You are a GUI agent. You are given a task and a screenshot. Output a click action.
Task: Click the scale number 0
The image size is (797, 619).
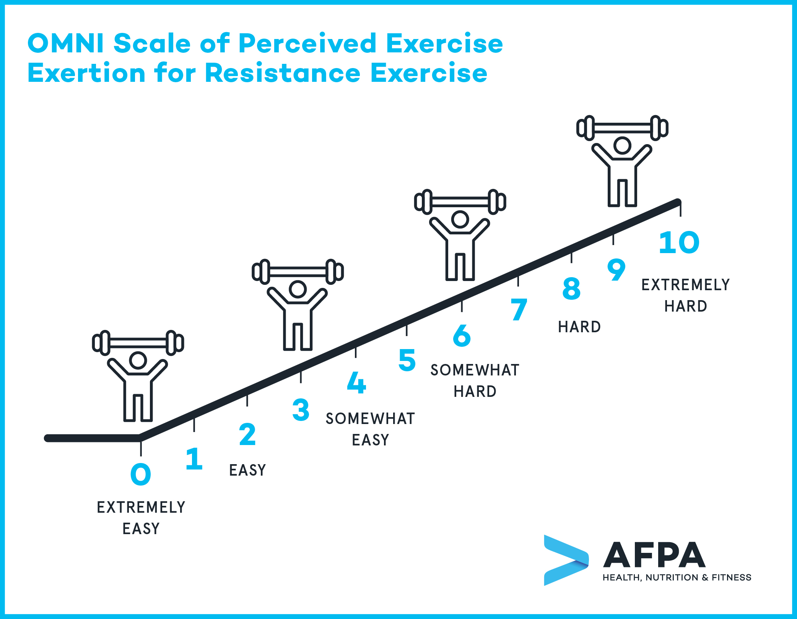[x=141, y=474]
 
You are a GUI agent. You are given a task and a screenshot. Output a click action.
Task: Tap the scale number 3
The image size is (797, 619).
[x=301, y=409]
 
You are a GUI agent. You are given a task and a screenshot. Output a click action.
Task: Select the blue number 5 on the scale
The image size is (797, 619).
[x=407, y=360]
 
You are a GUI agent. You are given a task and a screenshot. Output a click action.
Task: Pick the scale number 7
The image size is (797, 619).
[x=519, y=309]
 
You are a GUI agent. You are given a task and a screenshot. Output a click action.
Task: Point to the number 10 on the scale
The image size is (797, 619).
[x=679, y=242]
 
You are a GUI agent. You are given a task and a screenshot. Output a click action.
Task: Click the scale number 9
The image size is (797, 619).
[x=616, y=270]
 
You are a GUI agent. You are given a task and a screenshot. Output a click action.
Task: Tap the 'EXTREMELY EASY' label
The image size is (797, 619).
[x=141, y=518]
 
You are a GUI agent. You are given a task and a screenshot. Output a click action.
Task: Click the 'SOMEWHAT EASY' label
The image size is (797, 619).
[x=370, y=429]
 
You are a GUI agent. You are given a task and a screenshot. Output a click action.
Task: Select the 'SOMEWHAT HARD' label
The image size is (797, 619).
[x=475, y=381]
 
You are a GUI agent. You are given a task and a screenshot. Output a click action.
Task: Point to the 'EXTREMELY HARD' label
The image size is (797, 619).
[x=686, y=296]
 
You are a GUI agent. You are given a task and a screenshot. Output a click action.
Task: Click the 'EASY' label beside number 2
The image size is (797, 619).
[x=247, y=470]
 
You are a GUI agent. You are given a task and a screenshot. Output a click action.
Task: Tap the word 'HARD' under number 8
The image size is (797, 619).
[x=579, y=327]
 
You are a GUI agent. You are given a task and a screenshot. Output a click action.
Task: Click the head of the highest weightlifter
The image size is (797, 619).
[x=622, y=145]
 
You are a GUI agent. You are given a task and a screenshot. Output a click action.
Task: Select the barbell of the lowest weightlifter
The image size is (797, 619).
[x=138, y=343]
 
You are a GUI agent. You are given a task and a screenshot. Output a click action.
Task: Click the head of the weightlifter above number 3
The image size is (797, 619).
[x=298, y=289]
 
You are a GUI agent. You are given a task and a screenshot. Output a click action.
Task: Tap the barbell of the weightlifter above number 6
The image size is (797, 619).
[x=460, y=201]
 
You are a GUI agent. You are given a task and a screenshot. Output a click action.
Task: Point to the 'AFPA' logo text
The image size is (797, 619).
[x=654, y=554]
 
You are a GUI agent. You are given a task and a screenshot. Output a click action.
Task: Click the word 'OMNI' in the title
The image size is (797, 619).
[x=65, y=43]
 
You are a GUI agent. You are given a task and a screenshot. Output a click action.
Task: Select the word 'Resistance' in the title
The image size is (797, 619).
[x=283, y=73]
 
